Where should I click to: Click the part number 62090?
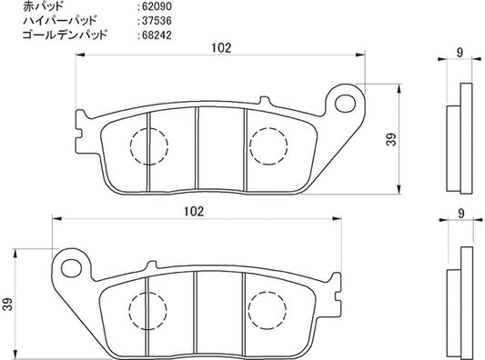(x=157, y=6)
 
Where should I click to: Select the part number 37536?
(x=157, y=21)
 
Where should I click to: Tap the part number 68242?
(x=157, y=35)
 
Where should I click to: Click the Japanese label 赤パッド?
(x=44, y=6)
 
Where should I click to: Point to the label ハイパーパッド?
(x=60, y=21)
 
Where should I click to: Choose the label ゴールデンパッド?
(x=65, y=35)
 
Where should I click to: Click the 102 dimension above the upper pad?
(x=221, y=48)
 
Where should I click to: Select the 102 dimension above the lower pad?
(x=194, y=212)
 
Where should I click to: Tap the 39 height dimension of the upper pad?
(x=392, y=139)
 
